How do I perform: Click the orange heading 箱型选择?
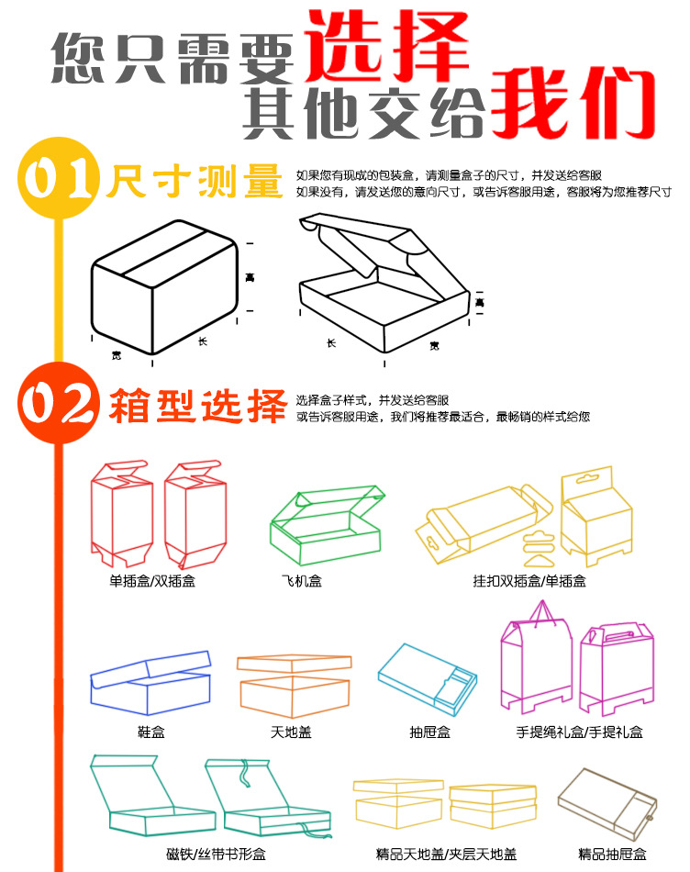point(197,405)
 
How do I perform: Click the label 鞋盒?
point(150,732)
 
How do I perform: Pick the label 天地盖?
point(291,732)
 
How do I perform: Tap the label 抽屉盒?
point(429,732)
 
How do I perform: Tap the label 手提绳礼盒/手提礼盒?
point(580,732)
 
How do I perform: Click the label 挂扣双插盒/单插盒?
point(529,581)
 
